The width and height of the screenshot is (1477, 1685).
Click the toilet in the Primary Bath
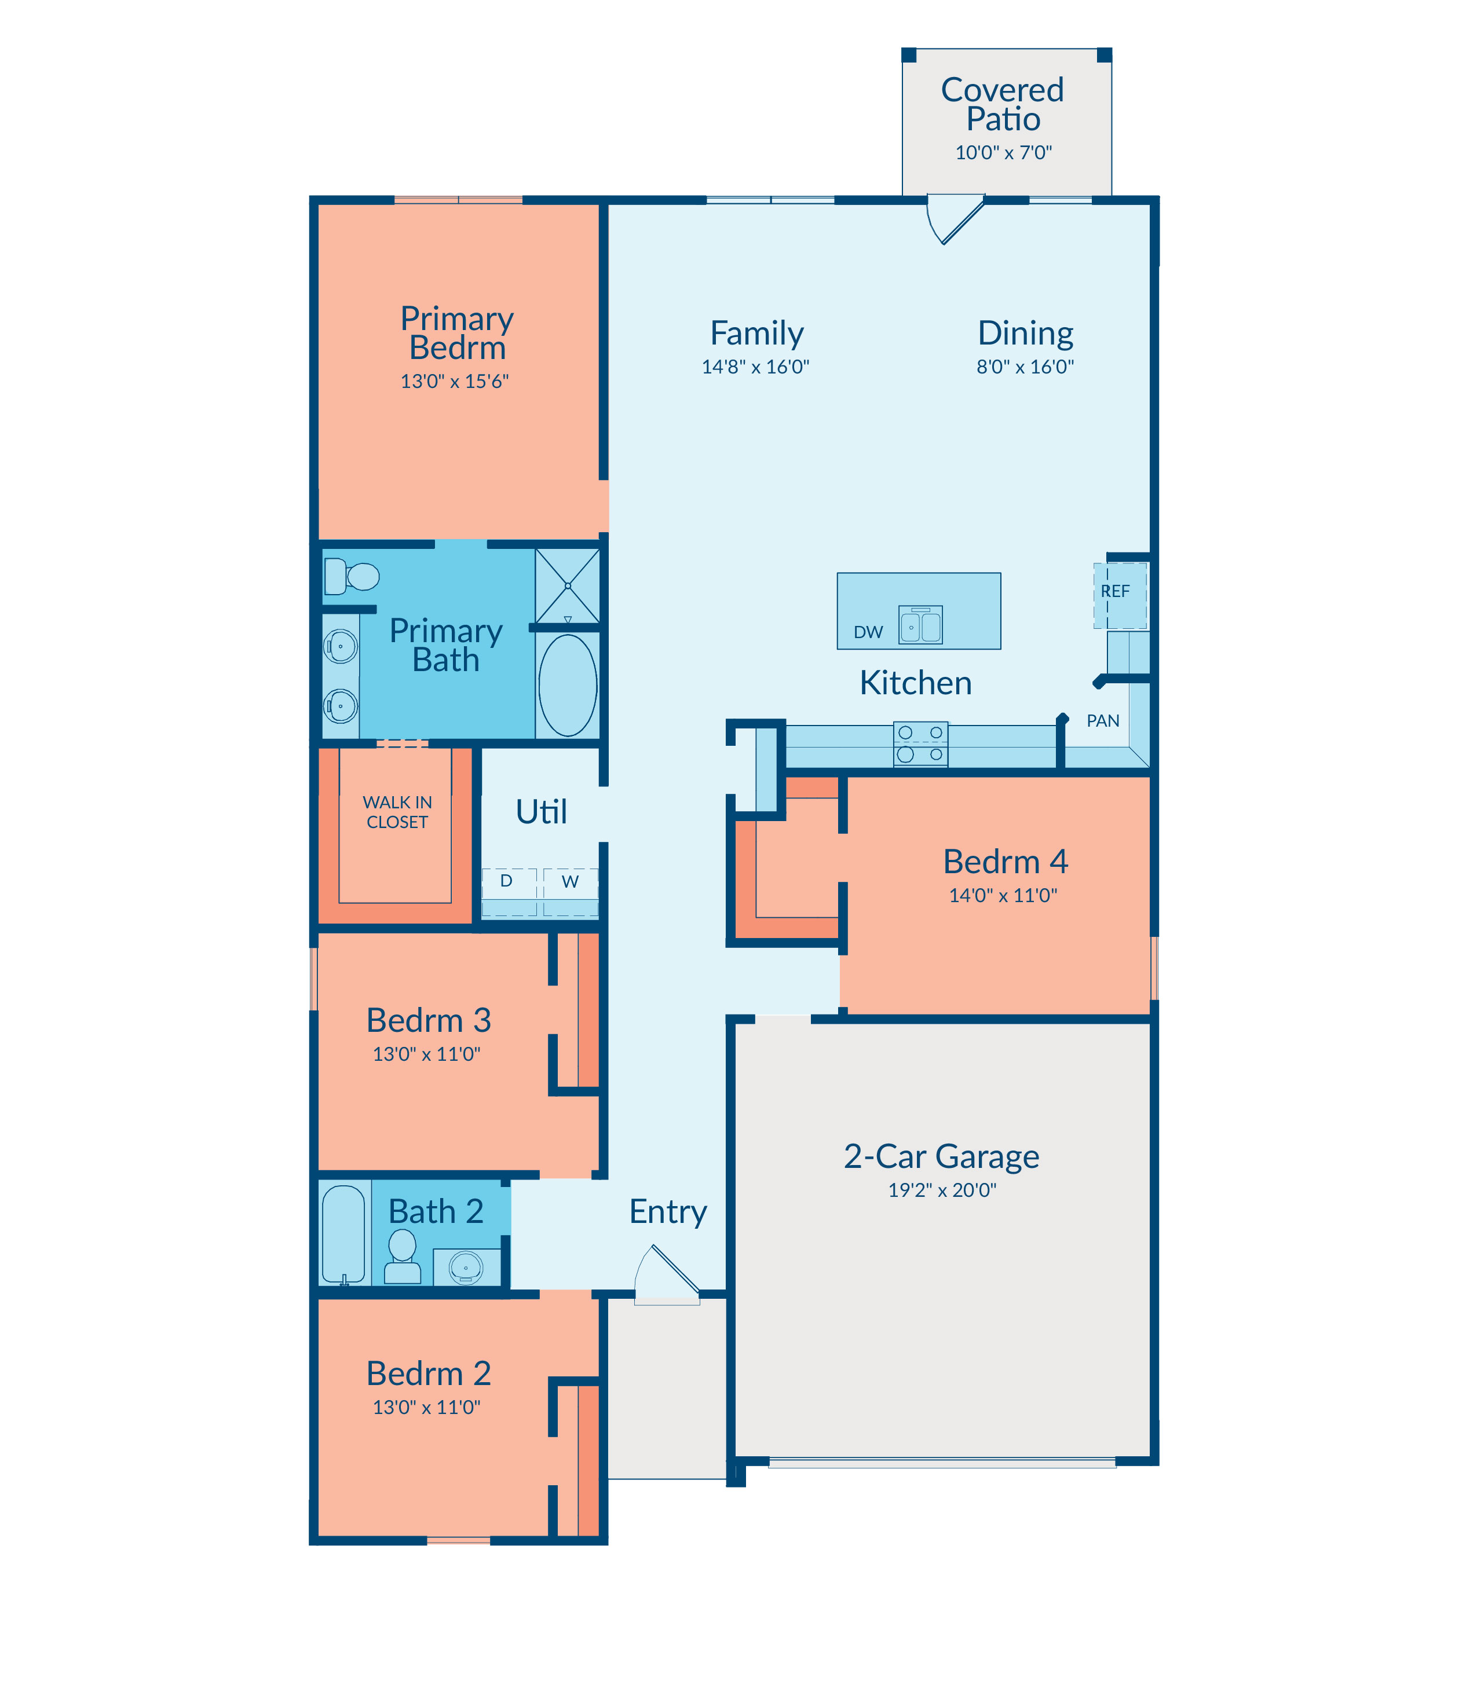click(351, 576)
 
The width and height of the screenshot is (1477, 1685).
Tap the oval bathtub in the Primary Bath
click(568, 684)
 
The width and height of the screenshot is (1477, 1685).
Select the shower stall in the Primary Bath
click(568, 586)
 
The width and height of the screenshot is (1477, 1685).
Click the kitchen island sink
click(920, 625)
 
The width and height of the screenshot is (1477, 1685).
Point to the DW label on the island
click(868, 632)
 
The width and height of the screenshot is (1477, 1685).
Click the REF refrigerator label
click(1115, 591)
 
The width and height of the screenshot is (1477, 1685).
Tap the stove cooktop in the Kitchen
click(920, 744)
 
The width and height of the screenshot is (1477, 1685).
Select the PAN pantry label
click(1103, 721)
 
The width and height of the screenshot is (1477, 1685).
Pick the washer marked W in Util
click(571, 892)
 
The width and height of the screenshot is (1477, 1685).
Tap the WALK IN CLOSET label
click(397, 812)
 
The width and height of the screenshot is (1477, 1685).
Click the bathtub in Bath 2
click(343, 1235)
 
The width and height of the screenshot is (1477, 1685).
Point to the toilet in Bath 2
click(402, 1257)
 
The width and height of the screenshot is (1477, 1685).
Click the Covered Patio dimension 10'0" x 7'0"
click(1003, 152)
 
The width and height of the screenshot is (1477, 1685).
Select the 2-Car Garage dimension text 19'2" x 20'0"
click(942, 1190)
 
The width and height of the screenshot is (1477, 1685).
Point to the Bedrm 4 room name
click(1006, 862)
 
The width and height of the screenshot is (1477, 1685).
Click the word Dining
click(1025, 333)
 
